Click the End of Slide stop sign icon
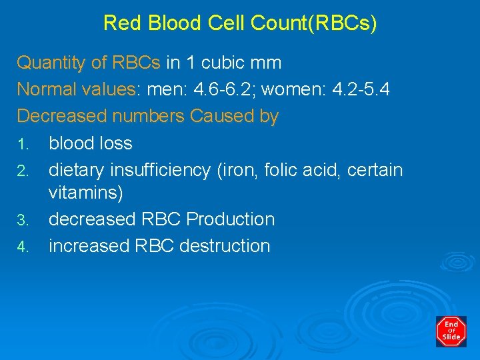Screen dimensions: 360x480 click(x=451, y=331)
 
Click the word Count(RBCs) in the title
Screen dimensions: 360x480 click(x=313, y=23)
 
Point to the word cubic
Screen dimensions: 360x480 click(x=220, y=63)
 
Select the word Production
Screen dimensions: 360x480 click(x=231, y=219)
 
